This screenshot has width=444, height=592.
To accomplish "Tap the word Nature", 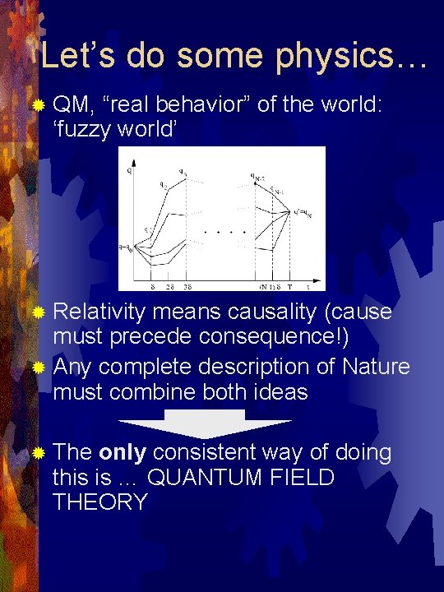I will click(370, 366).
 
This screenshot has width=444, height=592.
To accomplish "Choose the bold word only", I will click(123, 451).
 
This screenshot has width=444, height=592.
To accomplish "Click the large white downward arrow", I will click(205, 428).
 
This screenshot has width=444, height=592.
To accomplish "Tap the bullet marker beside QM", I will click(39, 105).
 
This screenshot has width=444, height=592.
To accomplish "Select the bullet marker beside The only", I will click(39, 452).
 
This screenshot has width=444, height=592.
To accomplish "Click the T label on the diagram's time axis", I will click(289, 287).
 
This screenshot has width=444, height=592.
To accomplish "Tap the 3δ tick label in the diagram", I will click(187, 287).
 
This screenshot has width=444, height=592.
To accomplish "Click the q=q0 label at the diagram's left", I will click(126, 245).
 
